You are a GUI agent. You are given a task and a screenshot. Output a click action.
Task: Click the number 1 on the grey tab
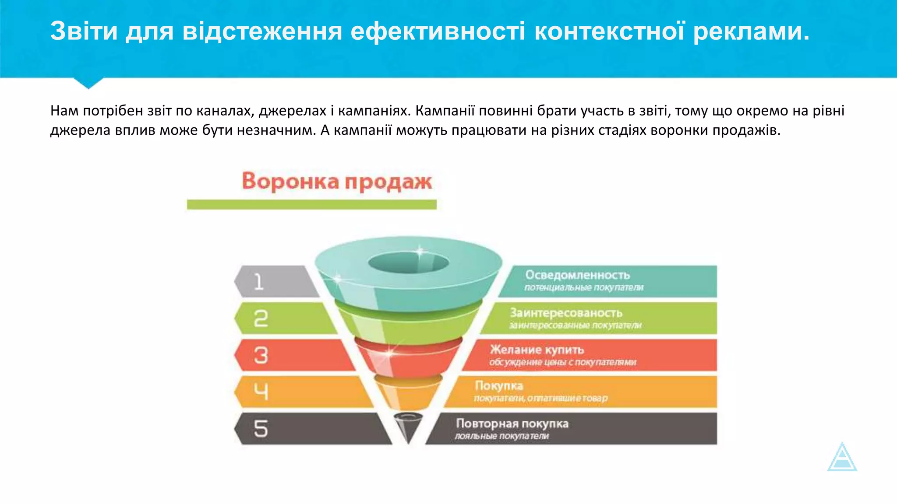coord(259,282)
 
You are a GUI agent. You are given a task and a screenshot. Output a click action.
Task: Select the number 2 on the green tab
coord(261,318)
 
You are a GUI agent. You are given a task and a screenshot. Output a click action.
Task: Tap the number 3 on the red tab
coord(261,355)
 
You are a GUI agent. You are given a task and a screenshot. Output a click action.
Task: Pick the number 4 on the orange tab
coord(261,392)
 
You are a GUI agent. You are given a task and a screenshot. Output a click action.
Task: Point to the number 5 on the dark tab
coord(261,429)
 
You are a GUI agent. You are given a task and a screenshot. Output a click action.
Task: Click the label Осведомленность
coord(577,275)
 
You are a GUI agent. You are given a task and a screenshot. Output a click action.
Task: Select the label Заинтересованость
coord(566,313)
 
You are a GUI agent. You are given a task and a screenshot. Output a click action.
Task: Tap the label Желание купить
coord(537,350)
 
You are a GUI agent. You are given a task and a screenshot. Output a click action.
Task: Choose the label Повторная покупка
coord(512,423)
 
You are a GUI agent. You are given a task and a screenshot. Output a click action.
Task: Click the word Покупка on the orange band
coord(499,386)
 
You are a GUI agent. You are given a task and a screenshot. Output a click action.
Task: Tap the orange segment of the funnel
coord(408,394)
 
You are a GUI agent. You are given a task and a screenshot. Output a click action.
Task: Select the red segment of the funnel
coord(408,359)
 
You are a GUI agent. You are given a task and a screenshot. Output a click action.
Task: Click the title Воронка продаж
coord(336,182)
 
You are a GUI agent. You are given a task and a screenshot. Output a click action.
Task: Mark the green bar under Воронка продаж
coord(311,204)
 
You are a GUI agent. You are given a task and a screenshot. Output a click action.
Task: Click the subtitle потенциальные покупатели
coord(584,288)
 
